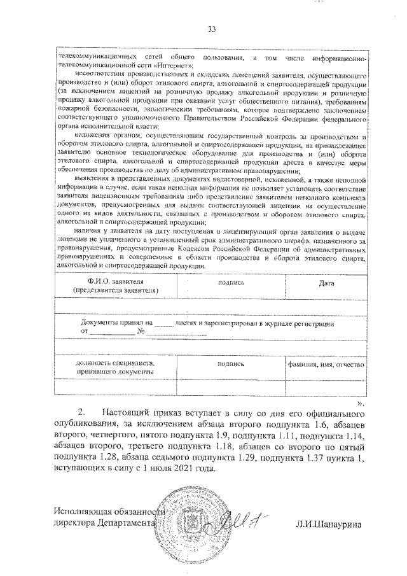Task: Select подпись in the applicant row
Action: tap(231, 282)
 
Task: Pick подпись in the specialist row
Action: tap(231, 365)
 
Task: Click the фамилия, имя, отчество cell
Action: tap(326, 365)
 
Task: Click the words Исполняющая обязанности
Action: tap(108, 512)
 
